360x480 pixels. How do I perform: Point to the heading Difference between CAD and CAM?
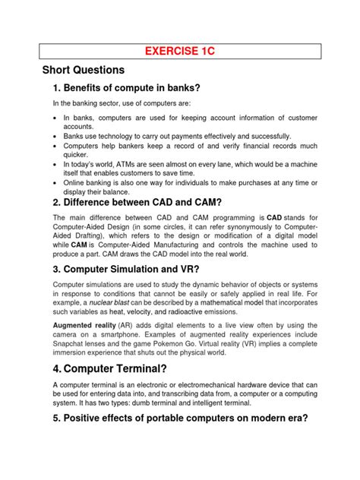tap(135, 203)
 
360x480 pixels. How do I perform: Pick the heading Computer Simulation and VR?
tap(125, 270)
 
